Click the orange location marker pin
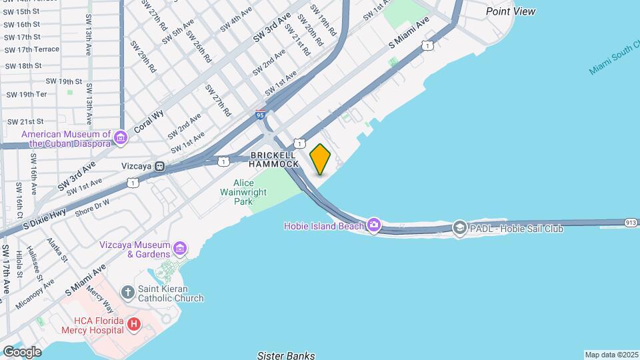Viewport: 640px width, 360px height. click(x=321, y=159)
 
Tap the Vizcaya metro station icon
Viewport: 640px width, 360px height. click(x=160, y=166)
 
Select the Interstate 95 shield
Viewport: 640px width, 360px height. click(x=261, y=115)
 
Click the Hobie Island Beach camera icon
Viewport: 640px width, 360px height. click(x=373, y=225)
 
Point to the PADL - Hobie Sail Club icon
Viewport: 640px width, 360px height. click(x=459, y=229)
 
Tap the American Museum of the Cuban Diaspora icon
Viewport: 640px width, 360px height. click(x=121, y=138)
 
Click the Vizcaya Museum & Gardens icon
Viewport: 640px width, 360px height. click(x=179, y=249)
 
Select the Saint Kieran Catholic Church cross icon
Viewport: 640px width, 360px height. click(x=128, y=292)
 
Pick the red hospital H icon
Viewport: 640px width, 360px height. click(x=134, y=324)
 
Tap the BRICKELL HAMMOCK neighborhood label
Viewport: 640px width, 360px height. click(x=275, y=159)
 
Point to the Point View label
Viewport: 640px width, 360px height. click(x=511, y=11)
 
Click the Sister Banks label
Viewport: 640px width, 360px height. click(x=286, y=355)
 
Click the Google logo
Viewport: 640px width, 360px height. click(x=21, y=351)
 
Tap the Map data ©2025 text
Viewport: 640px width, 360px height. click(x=611, y=355)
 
